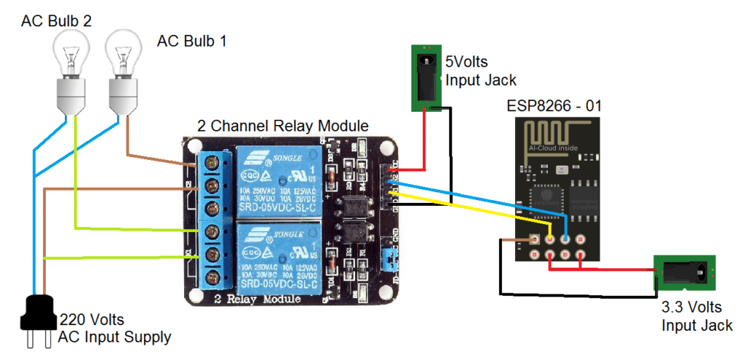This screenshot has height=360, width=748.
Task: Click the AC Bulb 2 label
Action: (56, 21)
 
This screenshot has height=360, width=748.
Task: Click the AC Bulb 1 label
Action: (191, 41)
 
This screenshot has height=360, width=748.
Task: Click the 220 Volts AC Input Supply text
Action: (115, 328)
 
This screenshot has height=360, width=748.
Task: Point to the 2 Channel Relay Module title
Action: (283, 126)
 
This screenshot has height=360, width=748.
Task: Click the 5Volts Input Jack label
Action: (481, 71)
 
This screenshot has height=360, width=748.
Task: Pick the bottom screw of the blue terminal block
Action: (213, 277)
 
